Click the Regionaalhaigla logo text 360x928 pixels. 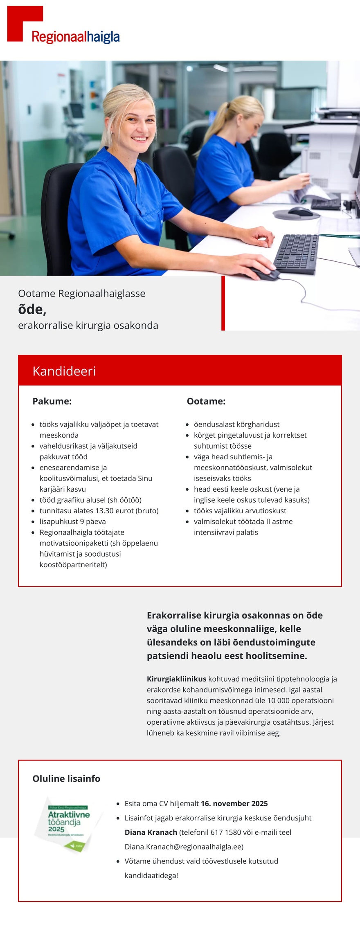click(76, 37)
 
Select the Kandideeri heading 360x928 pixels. click(64, 371)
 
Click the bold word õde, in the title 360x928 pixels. click(32, 310)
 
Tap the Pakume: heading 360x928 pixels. click(52, 401)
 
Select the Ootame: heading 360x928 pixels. click(206, 401)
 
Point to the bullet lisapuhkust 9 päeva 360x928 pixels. click(72, 521)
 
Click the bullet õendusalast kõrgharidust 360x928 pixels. click(236, 425)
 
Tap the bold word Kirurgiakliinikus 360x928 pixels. click(176, 679)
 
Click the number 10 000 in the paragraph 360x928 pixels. click(278, 701)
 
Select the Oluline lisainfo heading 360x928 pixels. click(66, 779)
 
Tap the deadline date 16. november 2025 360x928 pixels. click(234, 803)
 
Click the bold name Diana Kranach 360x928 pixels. click(151, 832)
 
